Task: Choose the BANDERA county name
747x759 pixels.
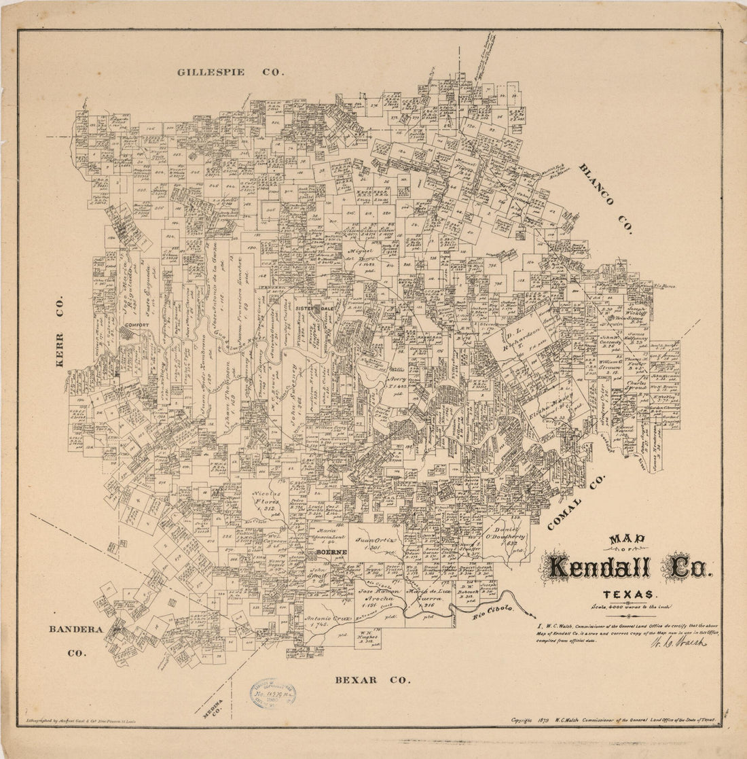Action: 75,629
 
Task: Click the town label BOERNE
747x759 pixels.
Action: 331,552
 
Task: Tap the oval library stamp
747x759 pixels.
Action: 272,694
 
